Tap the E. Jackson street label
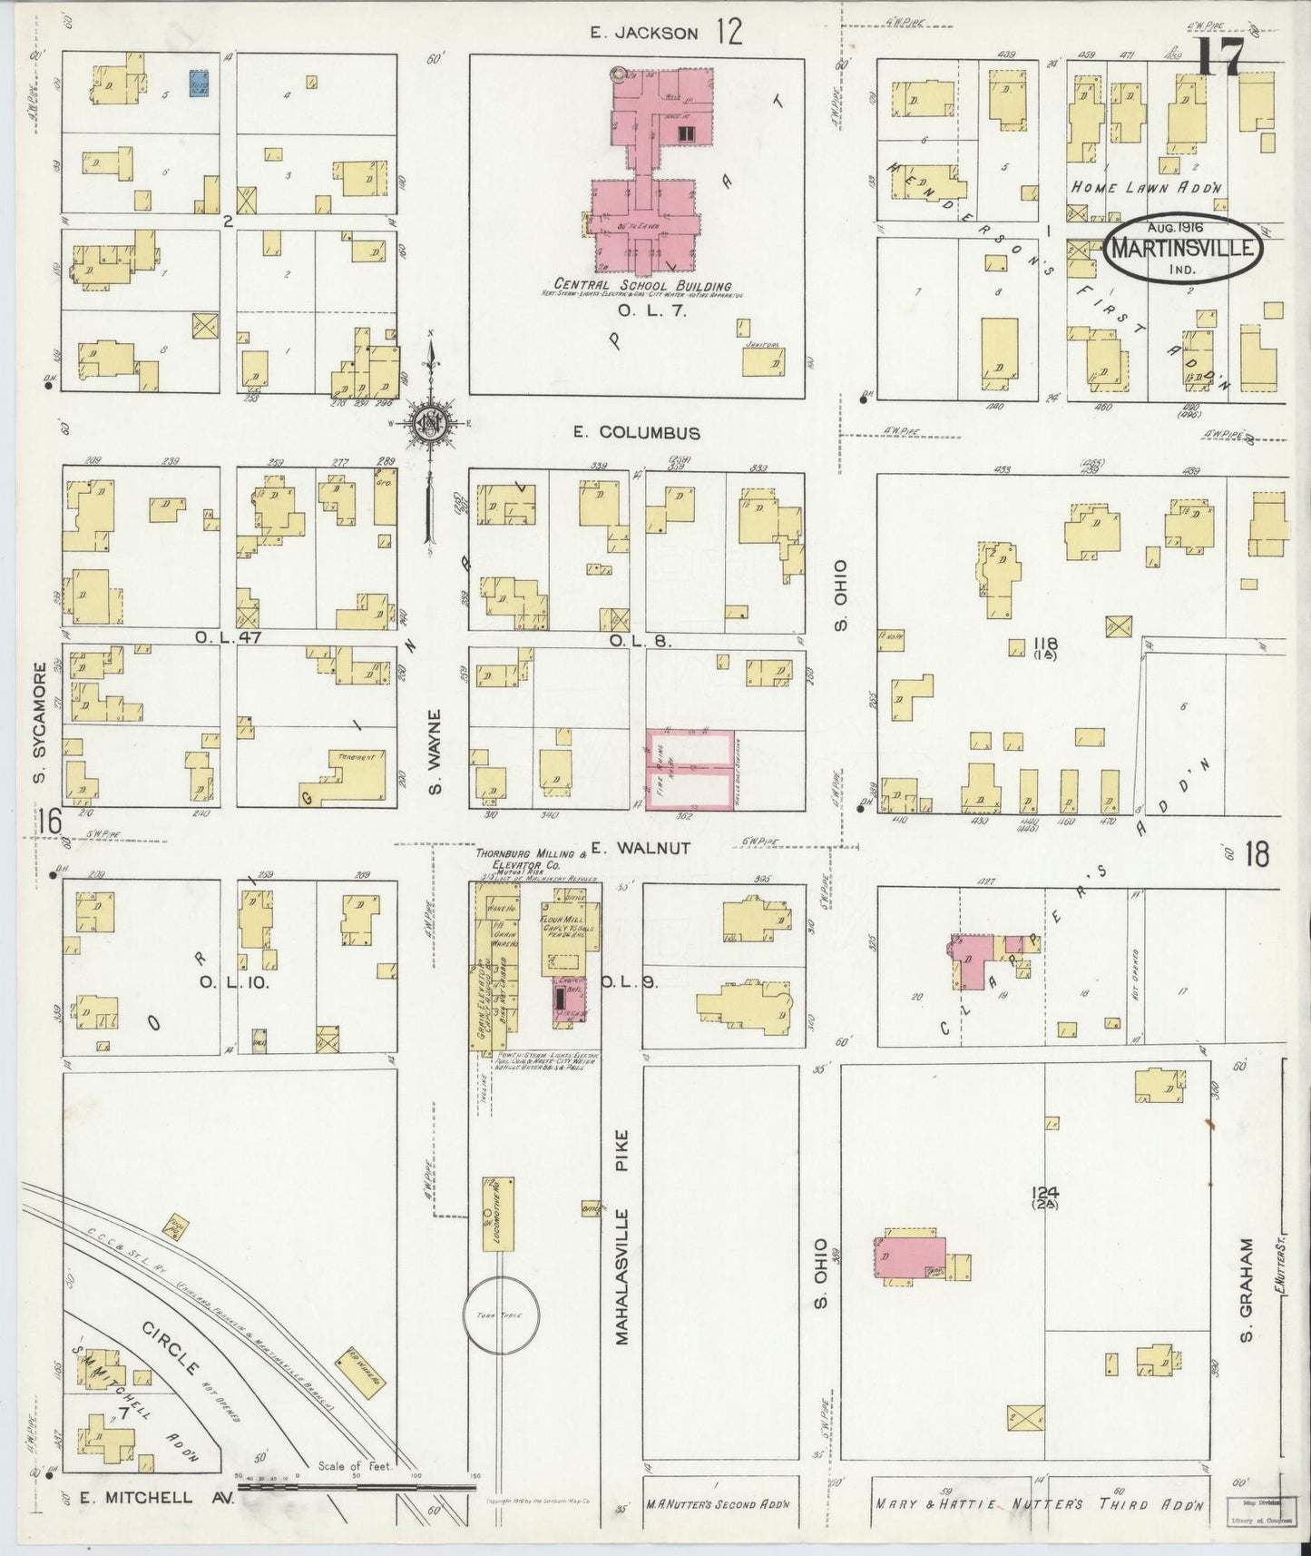tap(643, 34)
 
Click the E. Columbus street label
tap(635, 433)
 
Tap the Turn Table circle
tap(501, 1315)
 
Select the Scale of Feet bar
tap(354, 1488)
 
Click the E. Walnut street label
tap(641, 849)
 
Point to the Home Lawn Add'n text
tap(1146, 188)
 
